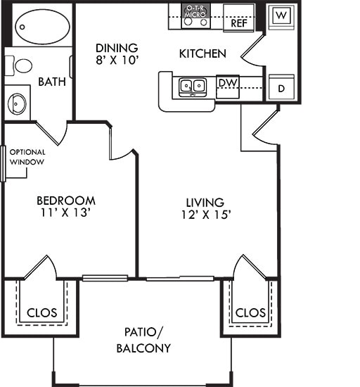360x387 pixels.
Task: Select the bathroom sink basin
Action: point(18,103)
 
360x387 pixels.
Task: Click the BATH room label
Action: point(52,82)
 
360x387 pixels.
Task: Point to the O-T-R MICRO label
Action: point(193,11)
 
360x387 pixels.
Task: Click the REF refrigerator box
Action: point(238,23)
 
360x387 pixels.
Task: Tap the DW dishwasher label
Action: point(226,83)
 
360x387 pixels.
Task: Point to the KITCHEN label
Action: point(202,53)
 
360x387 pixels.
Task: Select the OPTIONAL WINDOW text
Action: point(27,157)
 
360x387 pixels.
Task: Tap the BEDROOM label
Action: point(66,201)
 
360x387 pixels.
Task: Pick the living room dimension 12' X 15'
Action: point(205,215)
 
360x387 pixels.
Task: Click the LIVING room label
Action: point(205,202)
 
